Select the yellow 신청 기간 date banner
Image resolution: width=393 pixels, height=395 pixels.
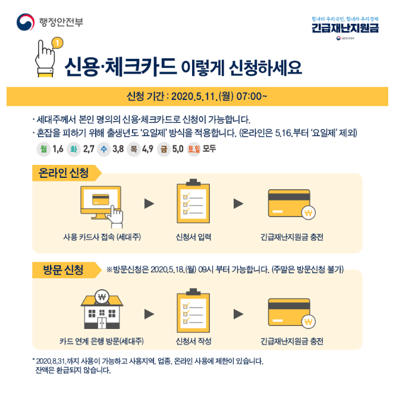(x=196, y=95)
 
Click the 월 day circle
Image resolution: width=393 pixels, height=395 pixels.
(x=43, y=149)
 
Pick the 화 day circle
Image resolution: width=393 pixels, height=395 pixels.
(x=74, y=149)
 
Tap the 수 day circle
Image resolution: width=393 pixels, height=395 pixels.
(x=104, y=149)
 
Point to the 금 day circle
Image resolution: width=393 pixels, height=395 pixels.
(x=163, y=149)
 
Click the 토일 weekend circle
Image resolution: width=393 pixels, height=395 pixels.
(x=194, y=149)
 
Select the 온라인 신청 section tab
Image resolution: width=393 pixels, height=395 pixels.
(x=64, y=174)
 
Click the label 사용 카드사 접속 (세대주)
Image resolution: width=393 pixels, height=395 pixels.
(x=101, y=237)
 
